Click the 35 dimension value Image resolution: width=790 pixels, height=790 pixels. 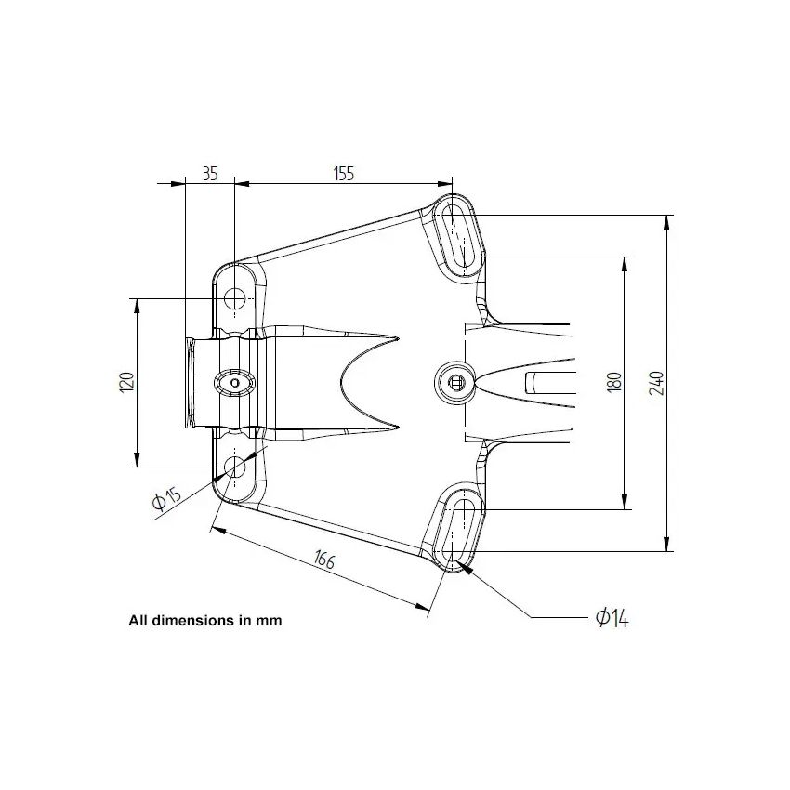[209, 174]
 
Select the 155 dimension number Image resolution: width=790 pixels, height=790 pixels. [344, 174]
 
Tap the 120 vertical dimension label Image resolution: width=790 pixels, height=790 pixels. [127, 381]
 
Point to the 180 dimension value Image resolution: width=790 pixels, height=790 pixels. [613, 381]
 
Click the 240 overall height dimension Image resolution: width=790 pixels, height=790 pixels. [657, 382]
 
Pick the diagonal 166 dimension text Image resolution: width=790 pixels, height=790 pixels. [323, 560]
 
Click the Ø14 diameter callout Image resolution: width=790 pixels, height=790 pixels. [612, 618]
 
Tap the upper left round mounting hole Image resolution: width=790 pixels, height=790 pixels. [235, 298]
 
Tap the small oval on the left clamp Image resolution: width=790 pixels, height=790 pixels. [234, 382]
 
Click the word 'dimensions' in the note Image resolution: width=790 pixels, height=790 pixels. [191, 621]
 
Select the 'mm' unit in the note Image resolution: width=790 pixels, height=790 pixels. [270, 621]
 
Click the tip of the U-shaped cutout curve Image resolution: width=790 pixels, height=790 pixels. [340, 382]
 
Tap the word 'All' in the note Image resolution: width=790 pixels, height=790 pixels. [138, 621]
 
